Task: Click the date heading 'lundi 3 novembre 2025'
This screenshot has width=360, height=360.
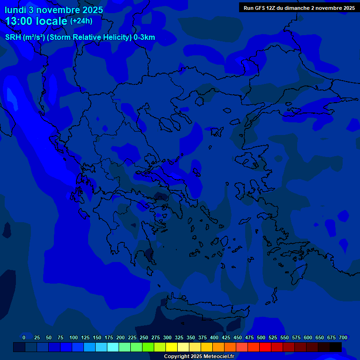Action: click(x=54, y=10)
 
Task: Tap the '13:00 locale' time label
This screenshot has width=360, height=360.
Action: click(x=36, y=21)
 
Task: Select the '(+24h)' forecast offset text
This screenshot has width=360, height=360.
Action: click(x=81, y=21)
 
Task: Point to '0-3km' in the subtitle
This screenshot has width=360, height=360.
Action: click(x=144, y=37)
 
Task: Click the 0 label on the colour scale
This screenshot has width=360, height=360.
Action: click(x=24, y=337)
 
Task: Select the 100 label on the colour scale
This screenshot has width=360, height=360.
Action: click(x=74, y=337)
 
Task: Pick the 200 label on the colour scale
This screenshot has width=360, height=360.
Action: click(x=120, y=337)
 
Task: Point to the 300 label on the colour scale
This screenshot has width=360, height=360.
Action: click(x=167, y=337)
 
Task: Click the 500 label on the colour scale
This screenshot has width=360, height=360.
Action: click(x=261, y=337)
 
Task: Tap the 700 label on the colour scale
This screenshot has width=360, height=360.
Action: click(x=343, y=337)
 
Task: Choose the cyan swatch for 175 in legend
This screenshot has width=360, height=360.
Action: click(x=113, y=347)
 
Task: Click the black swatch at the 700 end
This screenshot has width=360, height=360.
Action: click(x=336, y=347)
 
